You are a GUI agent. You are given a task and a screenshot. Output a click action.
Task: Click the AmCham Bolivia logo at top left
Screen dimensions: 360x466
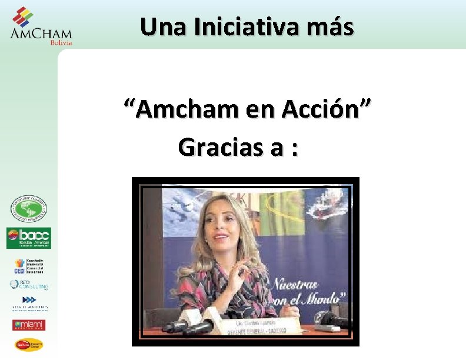[x=41, y=26]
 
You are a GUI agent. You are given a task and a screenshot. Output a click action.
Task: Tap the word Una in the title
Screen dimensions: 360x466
[x=161, y=26]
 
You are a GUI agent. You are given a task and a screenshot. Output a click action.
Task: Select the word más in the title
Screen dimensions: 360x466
[x=332, y=26]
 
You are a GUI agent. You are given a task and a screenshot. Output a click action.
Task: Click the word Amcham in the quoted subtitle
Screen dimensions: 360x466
[x=181, y=109]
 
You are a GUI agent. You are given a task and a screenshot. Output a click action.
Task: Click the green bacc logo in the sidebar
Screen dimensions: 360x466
[x=29, y=238]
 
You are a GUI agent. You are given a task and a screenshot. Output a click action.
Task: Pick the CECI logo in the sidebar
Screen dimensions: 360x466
[x=29, y=266]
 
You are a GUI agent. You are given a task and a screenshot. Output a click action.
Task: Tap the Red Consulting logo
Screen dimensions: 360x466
[x=29, y=285]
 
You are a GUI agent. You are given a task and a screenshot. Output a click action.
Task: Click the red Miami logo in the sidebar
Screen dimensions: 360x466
[x=29, y=324]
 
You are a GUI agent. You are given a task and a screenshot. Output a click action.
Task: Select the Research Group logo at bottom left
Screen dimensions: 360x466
[x=29, y=345]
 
